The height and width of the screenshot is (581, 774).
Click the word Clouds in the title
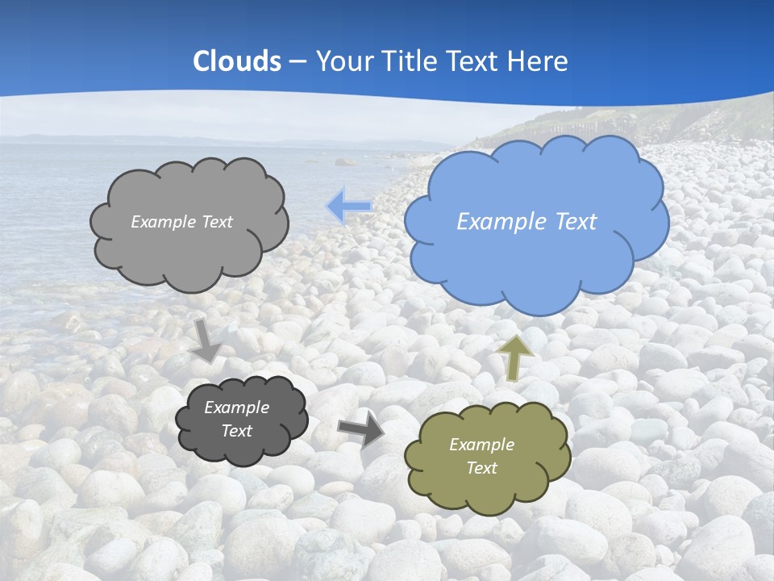(237, 61)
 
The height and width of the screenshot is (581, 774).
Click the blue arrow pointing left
(348, 206)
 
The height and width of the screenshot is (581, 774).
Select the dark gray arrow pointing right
(360, 428)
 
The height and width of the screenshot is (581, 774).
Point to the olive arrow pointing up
(515, 357)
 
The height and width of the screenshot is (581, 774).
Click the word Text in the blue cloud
(576, 222)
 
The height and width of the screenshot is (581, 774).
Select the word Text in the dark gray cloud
(236, 431)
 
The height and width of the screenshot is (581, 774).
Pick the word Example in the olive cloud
(481, 445)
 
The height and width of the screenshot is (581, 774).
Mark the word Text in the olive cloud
(481, 468)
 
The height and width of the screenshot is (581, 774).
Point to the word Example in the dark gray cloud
(236, 408)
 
